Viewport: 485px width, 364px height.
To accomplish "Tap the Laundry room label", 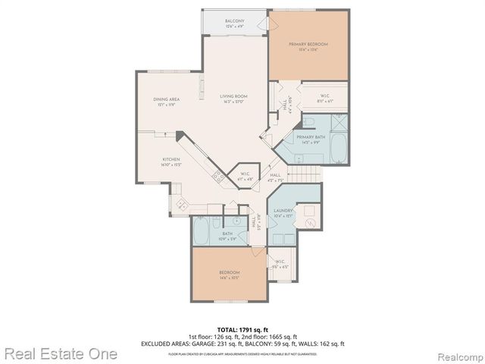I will point(282,212).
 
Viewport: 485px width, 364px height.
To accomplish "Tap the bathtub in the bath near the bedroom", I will point(202,232).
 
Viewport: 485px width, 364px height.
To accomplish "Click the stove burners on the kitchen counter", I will point(218,177).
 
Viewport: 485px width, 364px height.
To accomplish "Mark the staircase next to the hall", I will point(307,173).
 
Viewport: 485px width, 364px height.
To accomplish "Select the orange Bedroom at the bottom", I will point(230,275).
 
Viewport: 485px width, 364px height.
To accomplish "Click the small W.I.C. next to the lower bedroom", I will point(280,265).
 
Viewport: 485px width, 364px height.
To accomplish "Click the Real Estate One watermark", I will point(59,353).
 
